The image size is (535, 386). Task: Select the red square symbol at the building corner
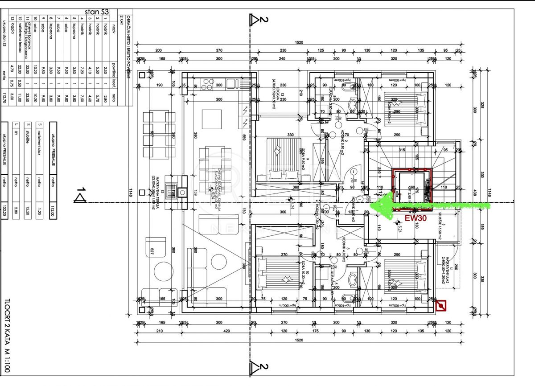point(441,305)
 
